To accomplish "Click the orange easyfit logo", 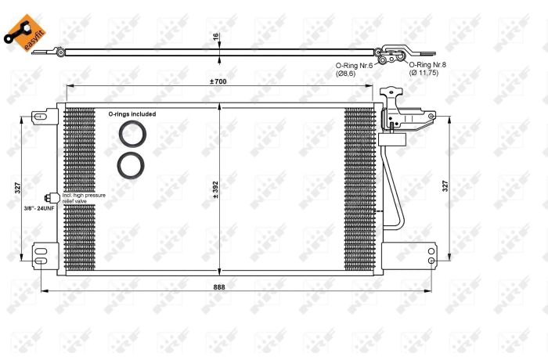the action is [25, 33].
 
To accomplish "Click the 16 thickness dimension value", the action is [215, 36].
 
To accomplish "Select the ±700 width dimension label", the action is [218, 81].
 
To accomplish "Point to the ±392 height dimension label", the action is [215, 190].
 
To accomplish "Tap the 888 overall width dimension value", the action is [219, 287].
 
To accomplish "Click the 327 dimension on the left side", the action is [18, 188].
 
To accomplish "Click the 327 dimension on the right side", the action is [445, 185].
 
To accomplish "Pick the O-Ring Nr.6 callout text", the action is [354, 66].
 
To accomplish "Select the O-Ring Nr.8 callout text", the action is [427, 65].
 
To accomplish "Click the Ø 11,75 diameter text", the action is [424, 73].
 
